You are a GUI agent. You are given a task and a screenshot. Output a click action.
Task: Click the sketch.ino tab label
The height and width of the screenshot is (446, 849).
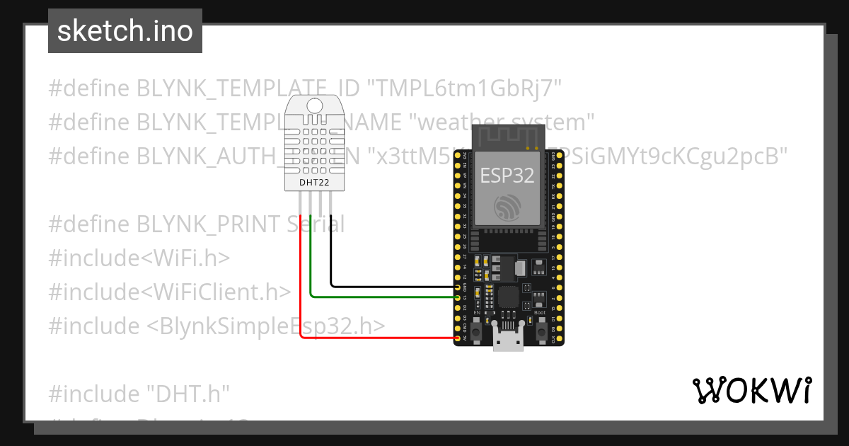125,31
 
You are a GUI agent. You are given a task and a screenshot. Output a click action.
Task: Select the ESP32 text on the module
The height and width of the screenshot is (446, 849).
507,175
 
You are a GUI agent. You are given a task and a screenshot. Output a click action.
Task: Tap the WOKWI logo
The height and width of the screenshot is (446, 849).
751,390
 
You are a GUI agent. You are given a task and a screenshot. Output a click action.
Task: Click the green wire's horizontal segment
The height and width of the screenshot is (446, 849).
382,297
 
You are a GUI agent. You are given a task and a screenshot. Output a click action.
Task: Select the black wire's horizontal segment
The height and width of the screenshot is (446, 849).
393,287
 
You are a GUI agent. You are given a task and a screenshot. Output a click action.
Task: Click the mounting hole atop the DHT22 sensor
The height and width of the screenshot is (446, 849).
316,106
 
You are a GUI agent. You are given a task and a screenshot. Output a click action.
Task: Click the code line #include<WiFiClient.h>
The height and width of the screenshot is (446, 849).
170,292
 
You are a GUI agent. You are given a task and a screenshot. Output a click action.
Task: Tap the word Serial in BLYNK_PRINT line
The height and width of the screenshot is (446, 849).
316,224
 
